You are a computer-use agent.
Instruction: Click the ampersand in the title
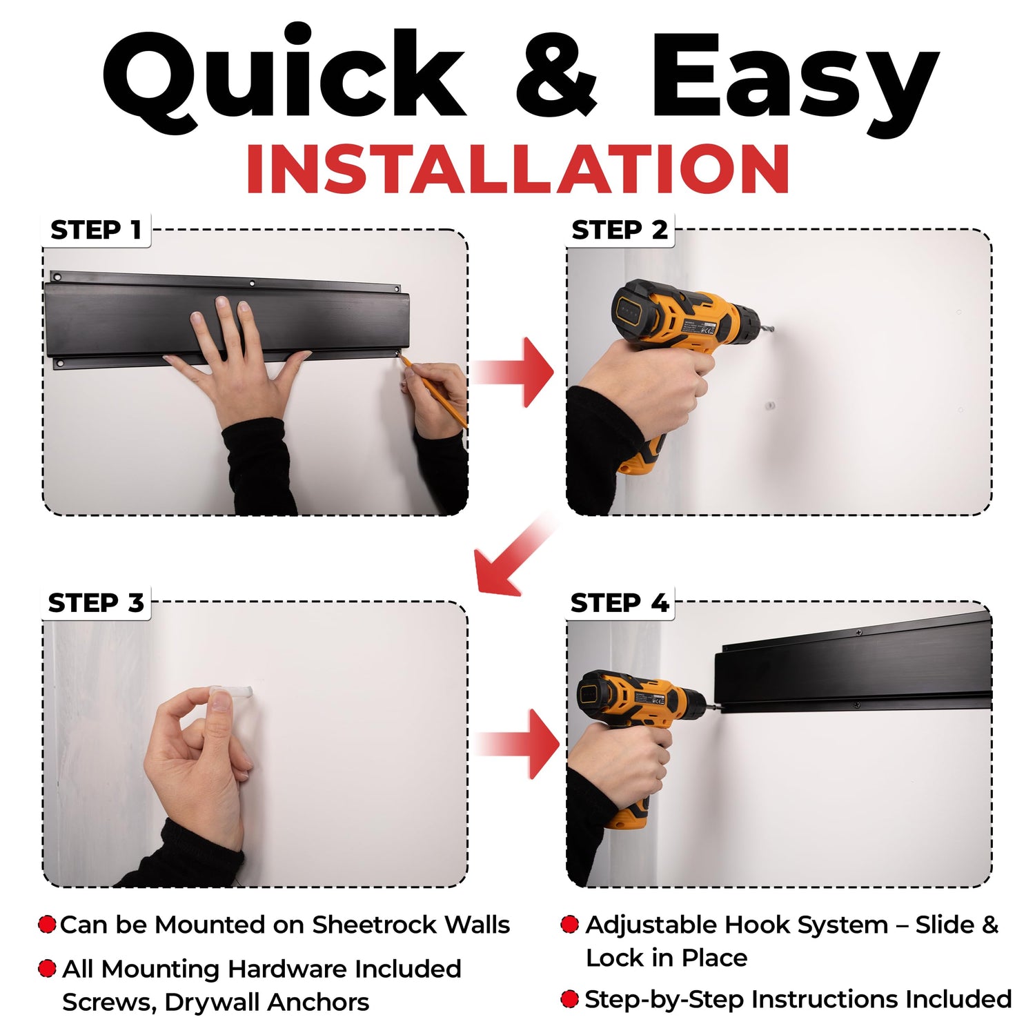[556, 75]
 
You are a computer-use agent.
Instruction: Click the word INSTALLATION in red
[517, 170]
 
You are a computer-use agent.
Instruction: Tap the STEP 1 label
[96, 230]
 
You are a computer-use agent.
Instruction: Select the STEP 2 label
[620, 230]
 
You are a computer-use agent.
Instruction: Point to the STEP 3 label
[96, 602]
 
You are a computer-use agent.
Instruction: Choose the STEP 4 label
[620, 602]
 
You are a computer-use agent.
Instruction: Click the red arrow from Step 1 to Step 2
[514, 372]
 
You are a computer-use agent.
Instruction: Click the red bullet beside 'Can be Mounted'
[47, 925]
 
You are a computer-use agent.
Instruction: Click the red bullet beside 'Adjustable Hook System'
[569, 925]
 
